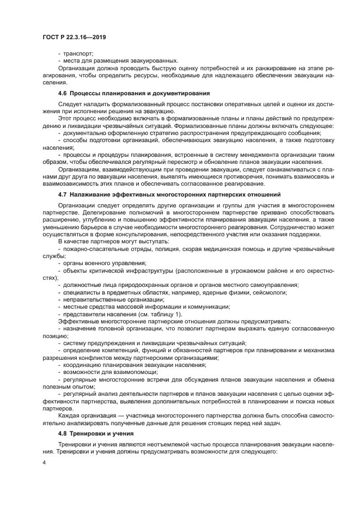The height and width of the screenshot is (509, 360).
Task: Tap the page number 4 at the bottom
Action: (x=44, y=463)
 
